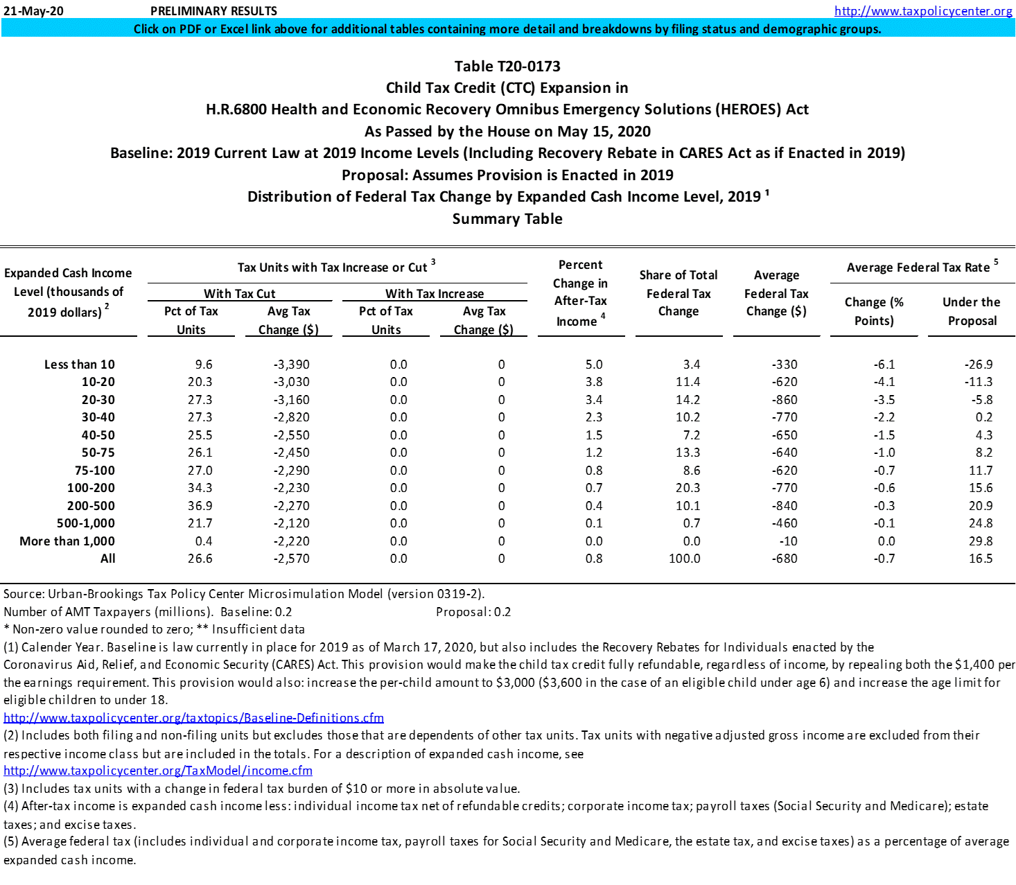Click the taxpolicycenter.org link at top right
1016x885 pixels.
click(x=923, y=11)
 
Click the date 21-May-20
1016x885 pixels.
click(x=33, y=11)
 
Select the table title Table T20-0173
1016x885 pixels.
click(x=507, y=67)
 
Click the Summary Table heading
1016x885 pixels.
click(x=507, y=219)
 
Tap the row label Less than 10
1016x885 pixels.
click(x=80, y=365)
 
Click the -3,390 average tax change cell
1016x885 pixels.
click(x=291, y=365)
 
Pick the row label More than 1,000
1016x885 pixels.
click(x=67, y=541)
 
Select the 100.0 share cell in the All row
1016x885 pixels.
click(x=684, y=559)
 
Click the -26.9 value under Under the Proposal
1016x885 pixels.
click(x=979, y=365)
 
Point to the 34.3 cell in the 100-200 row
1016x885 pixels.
click(x=200, y=488)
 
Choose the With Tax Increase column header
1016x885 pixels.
click(x=435, y=294)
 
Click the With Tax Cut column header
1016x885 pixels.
click(x=240, y=294)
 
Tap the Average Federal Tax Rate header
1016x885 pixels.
click(x=918, y=268)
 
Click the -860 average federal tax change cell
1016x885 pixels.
click(x=785, y=400)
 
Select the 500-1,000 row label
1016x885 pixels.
click(x=86, y=523)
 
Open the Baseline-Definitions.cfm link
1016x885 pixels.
click(x=193, y=718)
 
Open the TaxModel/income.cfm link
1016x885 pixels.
click(x=158, y=771)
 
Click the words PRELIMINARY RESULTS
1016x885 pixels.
click(x=213, y=11)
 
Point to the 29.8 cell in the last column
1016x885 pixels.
click(x=981, y=541)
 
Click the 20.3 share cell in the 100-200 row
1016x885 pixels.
click(x=687, y=488)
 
